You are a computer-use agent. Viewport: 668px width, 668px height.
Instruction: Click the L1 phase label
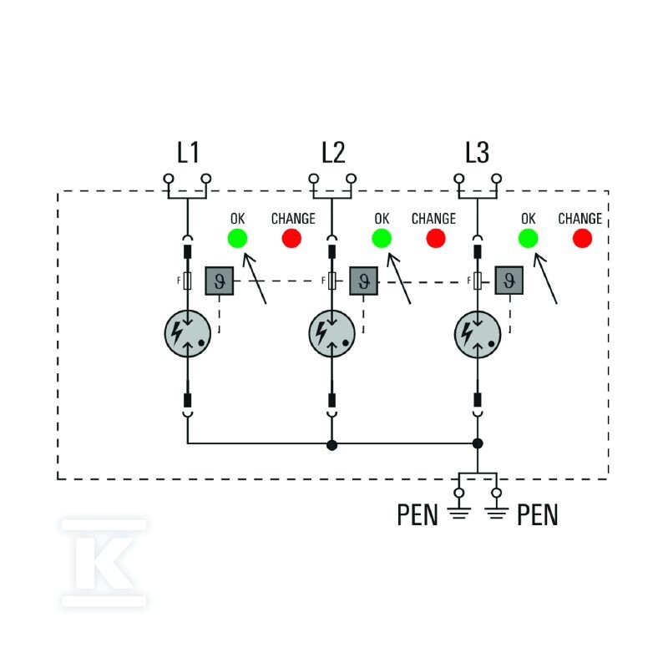(x=188, y=153)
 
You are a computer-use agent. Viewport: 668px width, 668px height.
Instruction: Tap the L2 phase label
(x=332, y=153)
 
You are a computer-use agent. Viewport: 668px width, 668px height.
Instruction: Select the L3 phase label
(x=477, y=153)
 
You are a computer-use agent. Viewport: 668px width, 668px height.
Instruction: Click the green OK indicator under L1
(x=237, y=238)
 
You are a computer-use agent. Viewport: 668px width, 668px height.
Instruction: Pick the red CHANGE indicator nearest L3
(x=582, y=238)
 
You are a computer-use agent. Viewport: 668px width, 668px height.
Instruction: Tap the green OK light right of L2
(x=382, y=238)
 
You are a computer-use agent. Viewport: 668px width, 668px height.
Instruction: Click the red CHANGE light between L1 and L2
(x=291, y=238)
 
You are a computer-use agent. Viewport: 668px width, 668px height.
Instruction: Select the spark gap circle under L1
(x=188, y=333)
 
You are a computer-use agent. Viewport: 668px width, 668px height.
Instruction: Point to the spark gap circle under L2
(x=331, y=333)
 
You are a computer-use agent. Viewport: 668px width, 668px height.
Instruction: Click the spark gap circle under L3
(x=478, y=333)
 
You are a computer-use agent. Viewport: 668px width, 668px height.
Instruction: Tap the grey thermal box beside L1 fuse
(x=220, y=281)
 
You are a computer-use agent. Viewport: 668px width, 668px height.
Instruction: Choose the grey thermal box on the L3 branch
(x=509, y=281)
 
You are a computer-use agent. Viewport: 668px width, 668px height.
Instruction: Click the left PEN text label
(x=417, y=514)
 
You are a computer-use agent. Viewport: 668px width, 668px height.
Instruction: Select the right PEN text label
(x=538, y=514)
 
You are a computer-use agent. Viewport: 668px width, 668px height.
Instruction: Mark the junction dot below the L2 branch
(x=331, y=446)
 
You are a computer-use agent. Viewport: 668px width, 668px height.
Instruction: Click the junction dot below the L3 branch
(x=478, y=443)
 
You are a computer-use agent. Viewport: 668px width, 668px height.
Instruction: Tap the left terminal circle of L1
(x=169, y=178)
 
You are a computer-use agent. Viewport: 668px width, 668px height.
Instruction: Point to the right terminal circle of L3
(x=496, y=178)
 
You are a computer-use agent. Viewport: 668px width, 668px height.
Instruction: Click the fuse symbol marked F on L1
(x=187, y=281)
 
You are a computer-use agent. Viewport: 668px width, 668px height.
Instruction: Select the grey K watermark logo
(x=104, y=563)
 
